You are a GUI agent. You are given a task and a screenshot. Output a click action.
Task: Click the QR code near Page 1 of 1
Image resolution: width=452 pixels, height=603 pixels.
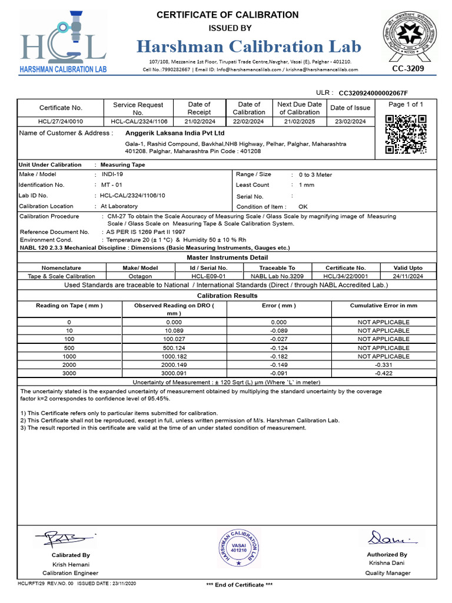(x=405, y=134)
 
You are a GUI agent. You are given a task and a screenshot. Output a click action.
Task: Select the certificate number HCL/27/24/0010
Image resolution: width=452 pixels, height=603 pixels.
(x=52, y=121)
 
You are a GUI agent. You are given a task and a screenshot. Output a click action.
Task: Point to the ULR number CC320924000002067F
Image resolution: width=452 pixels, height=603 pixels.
(x=373, y=93)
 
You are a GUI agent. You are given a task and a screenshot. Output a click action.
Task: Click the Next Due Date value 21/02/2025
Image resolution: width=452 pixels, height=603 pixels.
(x=300, y=121)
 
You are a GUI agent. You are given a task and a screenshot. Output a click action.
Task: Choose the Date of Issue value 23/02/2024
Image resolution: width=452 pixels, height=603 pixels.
(x=350, y=121)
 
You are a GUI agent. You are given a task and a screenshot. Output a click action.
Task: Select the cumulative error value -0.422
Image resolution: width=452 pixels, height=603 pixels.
(x=384, y=373)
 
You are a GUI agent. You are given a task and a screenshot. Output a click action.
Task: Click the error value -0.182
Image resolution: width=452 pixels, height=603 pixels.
(x=278, y=356)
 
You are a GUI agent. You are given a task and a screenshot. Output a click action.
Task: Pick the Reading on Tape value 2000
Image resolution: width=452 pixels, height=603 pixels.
(x=69, y=365)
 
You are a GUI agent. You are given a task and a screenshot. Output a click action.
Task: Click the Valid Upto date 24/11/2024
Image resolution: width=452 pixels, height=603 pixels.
(x=408, y=276)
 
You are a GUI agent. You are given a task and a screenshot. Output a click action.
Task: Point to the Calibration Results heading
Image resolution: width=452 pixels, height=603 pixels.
(x=227, y=296)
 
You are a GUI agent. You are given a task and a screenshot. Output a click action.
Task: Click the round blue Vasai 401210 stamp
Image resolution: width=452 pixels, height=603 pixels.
(x=238, y=548)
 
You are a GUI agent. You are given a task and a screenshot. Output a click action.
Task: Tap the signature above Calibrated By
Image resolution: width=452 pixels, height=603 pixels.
(x=64, y=538)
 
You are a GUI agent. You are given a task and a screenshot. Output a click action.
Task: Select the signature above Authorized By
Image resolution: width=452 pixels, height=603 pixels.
(x=387, y=538)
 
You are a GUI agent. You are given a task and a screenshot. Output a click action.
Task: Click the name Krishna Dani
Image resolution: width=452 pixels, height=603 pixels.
(x=387, y=563)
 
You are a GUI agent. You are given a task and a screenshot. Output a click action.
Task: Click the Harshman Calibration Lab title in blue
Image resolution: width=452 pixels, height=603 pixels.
(x=250, y=47)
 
